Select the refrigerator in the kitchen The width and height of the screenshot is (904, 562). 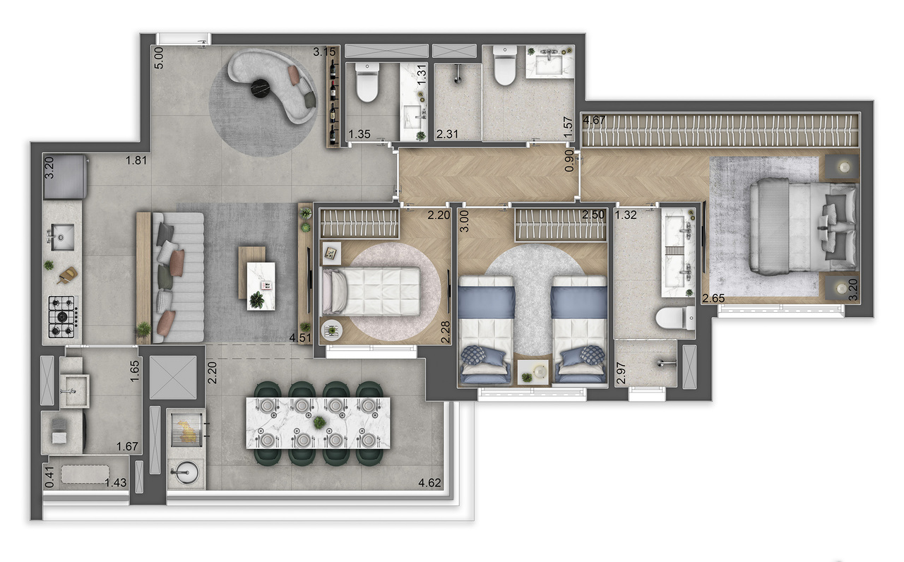65,177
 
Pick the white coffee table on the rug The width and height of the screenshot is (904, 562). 261,285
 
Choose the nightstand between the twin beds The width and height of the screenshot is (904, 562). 533,371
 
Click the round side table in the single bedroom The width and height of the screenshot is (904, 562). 332,329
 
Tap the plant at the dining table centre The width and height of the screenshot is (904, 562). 319,422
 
